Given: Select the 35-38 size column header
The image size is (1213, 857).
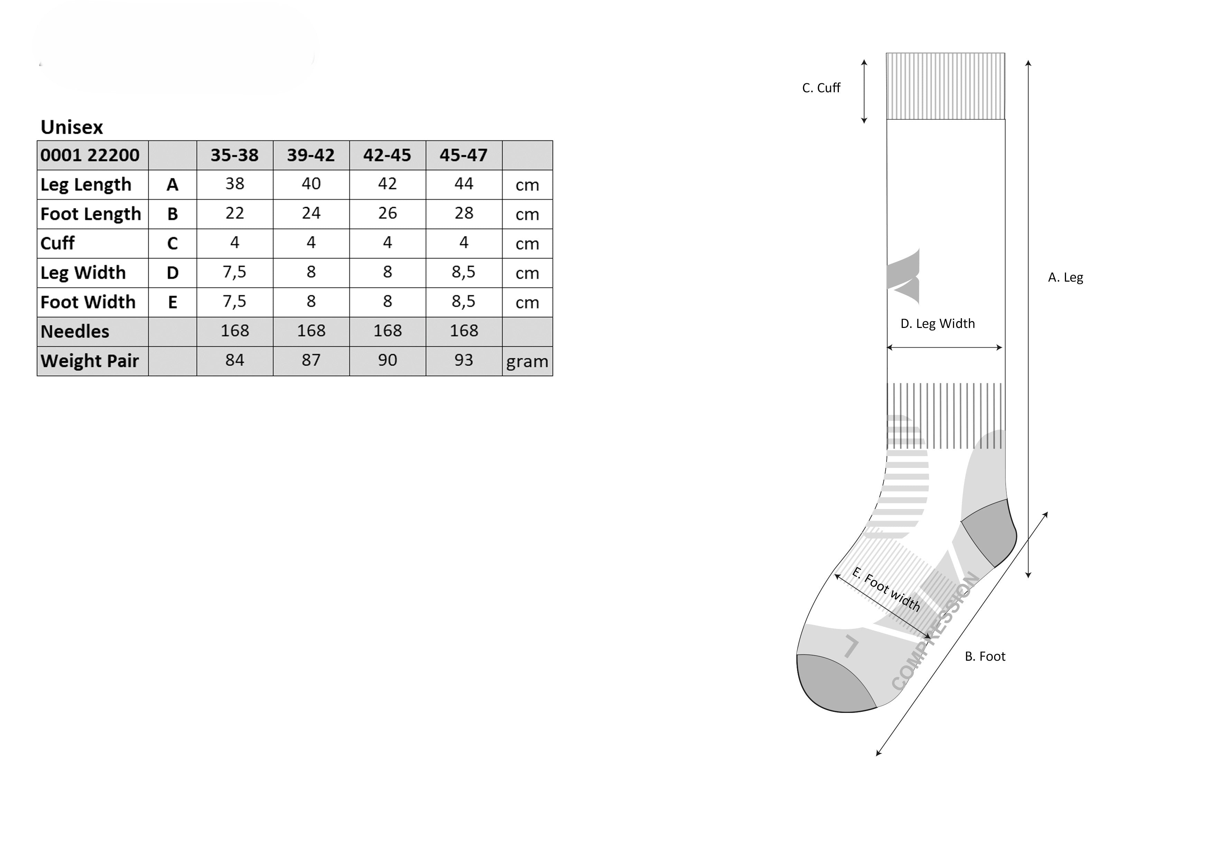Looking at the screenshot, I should click(x=234, y=155).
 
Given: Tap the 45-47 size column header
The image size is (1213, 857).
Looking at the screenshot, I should click(x=463, y=155).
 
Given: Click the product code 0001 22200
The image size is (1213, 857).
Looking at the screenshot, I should click(x=90, y=155).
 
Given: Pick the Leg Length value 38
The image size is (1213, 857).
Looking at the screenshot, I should click(x=234, y=184).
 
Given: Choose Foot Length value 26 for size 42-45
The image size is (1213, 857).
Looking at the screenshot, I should click(x=387, y=213).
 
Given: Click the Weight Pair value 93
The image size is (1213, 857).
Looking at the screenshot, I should click(x=463, y=360).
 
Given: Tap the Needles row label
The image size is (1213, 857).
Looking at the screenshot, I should click(x=75, y=332).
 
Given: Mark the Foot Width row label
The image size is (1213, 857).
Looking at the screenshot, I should click(x=88, y=302).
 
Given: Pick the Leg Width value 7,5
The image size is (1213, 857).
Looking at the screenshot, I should click(x=234, y=272).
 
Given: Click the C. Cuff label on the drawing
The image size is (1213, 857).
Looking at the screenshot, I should click(x=821, y=88).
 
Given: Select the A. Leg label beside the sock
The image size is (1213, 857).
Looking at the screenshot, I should click(x=1065, y=278).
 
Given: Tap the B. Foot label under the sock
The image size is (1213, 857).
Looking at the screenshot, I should click(x=985, y=656).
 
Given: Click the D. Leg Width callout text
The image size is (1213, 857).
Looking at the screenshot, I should click(x=937, y=324).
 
